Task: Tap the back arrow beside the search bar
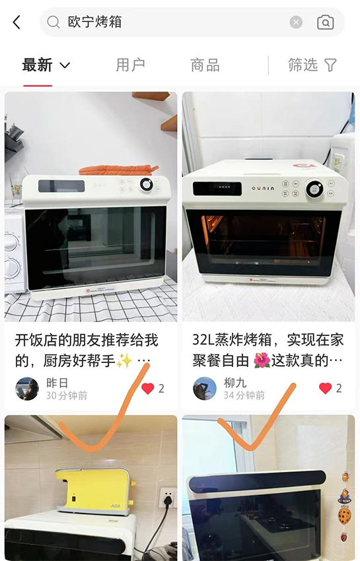tap(17, 22)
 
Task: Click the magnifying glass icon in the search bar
tap(54, 22)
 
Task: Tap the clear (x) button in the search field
tap(296, 22)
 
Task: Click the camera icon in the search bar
tap(325, 22)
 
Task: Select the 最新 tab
tap(37, 65)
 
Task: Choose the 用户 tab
tap(130, 65)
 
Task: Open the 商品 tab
tap(205, 65)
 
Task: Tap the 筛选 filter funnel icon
tap(330, 65)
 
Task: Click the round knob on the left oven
tap(146, 185)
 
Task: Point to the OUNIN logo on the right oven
tap(263, 188)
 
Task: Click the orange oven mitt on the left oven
tap(118, 170)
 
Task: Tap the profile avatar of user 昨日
tap(27, 389)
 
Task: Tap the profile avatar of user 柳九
tap(205, 389)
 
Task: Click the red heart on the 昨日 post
tap(147, 389)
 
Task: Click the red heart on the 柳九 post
tap(325, 389)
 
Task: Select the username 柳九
tap(235, 383)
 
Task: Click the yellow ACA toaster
tap(96, 492)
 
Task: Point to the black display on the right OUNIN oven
tap(217, 189)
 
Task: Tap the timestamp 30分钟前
tap(67, 396)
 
